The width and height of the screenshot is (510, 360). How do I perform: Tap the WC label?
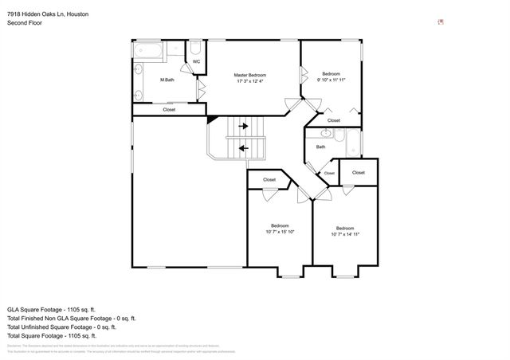(196, 61)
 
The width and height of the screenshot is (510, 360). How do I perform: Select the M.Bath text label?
(167, 80)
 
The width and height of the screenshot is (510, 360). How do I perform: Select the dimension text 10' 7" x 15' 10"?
(280, 232)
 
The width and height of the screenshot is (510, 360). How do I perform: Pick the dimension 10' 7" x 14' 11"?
(345, 234)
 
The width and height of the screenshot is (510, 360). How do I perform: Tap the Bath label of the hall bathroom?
(320, 147)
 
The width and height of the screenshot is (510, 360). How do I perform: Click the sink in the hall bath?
(326, 134)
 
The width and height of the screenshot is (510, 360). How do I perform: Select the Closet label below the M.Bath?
(169, 110)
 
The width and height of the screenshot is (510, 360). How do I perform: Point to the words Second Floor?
(24, 23)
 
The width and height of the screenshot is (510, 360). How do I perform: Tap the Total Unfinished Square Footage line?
(61, 327)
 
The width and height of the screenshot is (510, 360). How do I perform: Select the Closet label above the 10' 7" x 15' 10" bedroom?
(269, 180)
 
